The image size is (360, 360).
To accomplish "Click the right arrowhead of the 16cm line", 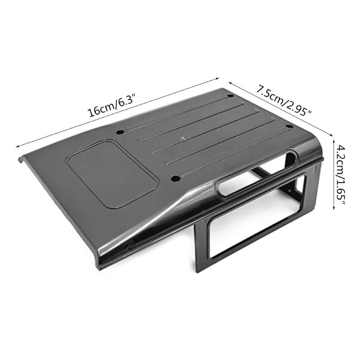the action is [218, 79].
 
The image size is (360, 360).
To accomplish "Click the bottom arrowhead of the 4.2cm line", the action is [333, 207].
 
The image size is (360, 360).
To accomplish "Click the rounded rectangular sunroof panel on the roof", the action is [112, 175].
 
